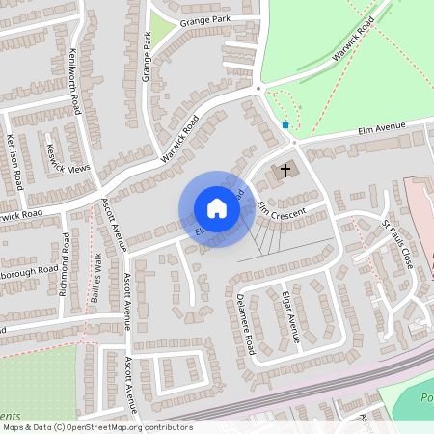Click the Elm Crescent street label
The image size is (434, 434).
click(281, 214)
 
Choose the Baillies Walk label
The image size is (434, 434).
click(97, 274)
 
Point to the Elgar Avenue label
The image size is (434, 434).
click(290, 315)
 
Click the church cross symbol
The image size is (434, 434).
click(285, 171)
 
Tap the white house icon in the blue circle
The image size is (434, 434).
click(217, 208)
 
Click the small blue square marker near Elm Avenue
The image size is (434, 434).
click(285, 125)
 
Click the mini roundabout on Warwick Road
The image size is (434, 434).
click(258, 89)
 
